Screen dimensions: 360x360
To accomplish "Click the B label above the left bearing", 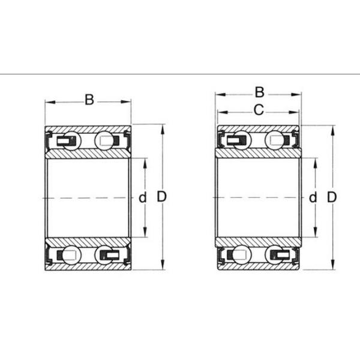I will click(x=89, y=100).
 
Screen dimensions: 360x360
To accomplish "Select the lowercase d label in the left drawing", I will click(x=143, y=197).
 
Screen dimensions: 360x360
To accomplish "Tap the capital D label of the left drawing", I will click(x=161, y=196).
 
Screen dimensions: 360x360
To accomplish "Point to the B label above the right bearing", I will click(x=259, y=92).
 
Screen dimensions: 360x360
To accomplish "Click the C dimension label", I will click(x=259, y=110).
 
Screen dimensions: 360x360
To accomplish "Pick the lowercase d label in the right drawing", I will click(x=313, y=197).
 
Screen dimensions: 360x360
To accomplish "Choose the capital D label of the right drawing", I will click(x=332, y=197).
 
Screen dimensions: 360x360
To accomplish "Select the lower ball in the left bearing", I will click(x=71, y=254).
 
